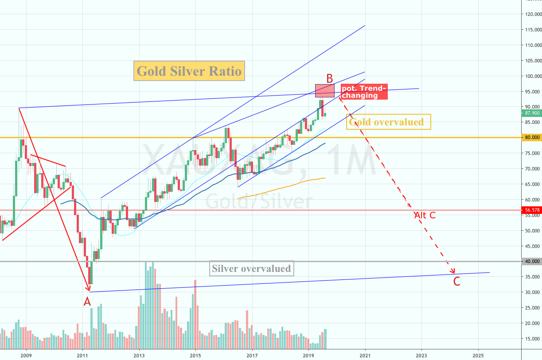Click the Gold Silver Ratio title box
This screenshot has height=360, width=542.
tap(189, 71)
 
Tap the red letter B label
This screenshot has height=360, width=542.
tap(330, 78)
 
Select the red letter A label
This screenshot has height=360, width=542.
tap(87, 302)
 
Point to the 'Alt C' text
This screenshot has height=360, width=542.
tap(425, 216)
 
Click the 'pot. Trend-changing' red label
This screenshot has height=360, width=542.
tap(364, 92)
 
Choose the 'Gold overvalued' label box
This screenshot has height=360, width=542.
tap(389, 122)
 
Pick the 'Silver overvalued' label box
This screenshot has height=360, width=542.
tap(251, 268)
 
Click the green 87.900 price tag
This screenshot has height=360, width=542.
tap(532, 113)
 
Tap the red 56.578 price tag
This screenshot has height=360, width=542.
tap(532, 210)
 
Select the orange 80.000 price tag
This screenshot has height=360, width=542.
tap(532, 137)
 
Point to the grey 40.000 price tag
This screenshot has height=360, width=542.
tap(532, 261)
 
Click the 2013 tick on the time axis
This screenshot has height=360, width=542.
tap(139, 355)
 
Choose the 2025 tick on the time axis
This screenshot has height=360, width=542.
tap(478, 355)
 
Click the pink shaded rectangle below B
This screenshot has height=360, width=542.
tap(325, 91)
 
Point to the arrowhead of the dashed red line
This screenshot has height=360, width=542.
tap(453, 272)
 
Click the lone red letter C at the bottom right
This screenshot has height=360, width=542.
tap(456, 282)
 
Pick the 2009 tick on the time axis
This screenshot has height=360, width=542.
tap(26, 355)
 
